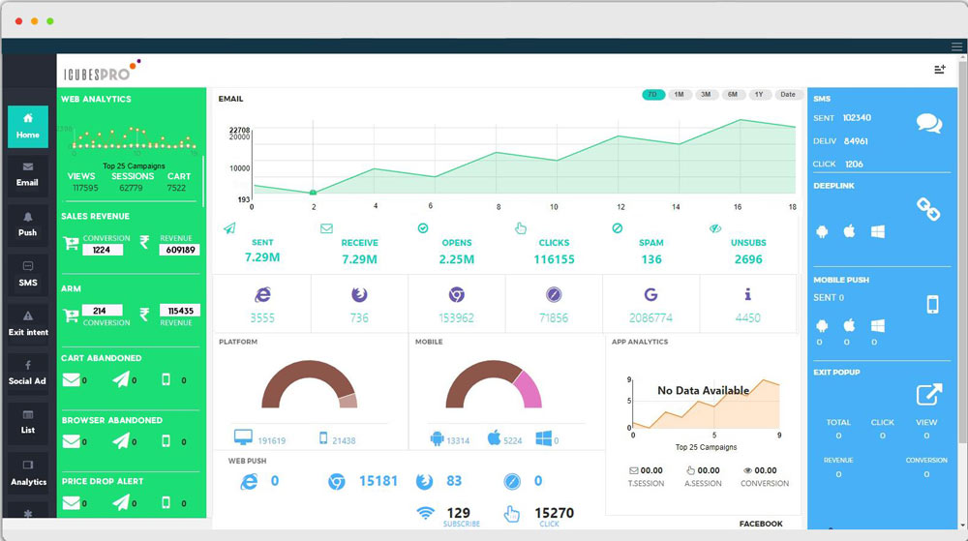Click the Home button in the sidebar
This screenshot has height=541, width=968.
(x=28, y=126)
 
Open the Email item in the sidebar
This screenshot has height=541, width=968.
(x=27, y=174)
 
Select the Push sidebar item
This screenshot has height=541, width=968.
(x=27, y=225)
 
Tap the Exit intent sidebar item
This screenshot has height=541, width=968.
(x=28, y=324)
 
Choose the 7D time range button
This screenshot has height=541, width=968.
(x=652, y=95)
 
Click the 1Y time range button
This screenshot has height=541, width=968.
(x=758, y=95)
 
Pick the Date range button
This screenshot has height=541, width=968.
(x=788, y=95)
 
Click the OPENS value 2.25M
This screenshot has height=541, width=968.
(x=456, y=259)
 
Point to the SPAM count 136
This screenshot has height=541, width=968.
(x=650, y=259)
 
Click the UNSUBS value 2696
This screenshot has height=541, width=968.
(x=748, y=259)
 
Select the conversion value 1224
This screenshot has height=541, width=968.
(x=102, y=250)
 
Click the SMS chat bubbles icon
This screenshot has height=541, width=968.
(x=929, y=124)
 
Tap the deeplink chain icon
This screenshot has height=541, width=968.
(x=929, y=209)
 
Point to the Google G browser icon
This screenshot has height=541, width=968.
(x=650, y=294)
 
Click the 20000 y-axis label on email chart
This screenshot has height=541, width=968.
(x=240, y=137)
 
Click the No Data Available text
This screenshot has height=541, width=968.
(x=703, y=391)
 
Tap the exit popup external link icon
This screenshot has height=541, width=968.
(x=929, y=395)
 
